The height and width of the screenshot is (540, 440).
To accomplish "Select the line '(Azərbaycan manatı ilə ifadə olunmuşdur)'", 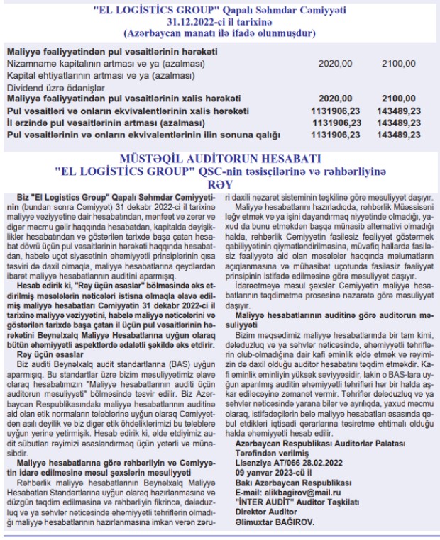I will click(219, 33).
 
